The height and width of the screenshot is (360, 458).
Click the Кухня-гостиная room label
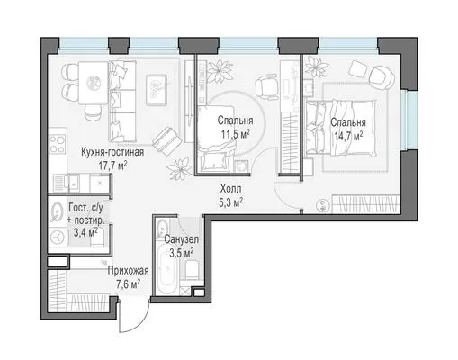pos(112,152)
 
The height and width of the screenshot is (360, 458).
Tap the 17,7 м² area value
pos(112,166)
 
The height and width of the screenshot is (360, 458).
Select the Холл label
pos(230,189)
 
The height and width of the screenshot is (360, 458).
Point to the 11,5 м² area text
pos(236,134)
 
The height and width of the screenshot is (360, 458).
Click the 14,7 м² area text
pos(348,136)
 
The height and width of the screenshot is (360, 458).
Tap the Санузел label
pos(181,239)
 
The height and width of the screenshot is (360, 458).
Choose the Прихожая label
pos(129,271)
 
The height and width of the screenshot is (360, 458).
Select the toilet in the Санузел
pos(192,269)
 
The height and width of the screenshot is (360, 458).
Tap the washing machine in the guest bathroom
pos(58,237)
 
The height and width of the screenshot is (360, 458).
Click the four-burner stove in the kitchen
pos(58,145)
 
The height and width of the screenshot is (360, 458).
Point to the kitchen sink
pos(74,183)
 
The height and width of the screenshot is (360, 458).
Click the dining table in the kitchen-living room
pos(94,83)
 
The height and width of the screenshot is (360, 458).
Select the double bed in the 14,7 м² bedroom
pos(341,128)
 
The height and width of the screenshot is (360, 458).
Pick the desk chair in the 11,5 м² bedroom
pos(268,86)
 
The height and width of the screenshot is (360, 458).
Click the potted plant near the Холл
pos(179,168)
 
